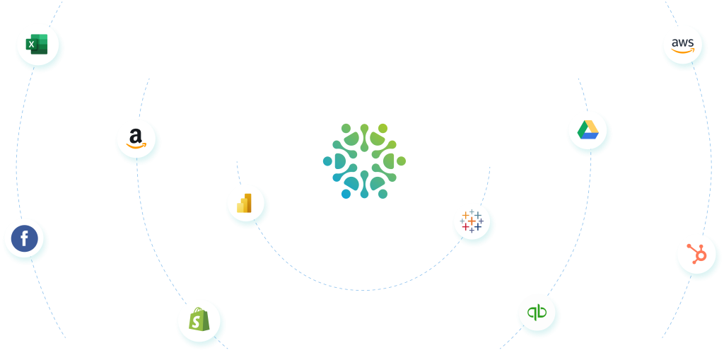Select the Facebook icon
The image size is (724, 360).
[x=24, y=239]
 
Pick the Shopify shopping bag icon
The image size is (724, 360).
[x=199, y=321]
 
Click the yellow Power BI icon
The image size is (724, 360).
[x=245, y=204]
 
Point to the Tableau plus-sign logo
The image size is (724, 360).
[x=471, y=222]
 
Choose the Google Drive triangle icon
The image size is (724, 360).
[x=588, y=130]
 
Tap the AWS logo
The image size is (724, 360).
[x=682, y=46]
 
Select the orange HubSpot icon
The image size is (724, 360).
[x=696, y=253]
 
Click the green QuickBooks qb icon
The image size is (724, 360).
[x=537, y=313]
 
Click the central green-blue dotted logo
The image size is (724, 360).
[x=364, y=161]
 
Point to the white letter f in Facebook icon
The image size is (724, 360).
[x=25, y=240]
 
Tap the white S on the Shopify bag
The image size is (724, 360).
[x=199, y=323]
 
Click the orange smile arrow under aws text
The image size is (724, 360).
[x=683, y=52]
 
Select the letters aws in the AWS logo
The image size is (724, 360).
[x=682, y=42]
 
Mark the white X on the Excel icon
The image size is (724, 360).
[x=31, y=45]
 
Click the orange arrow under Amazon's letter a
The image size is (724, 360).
[x=136, y=145]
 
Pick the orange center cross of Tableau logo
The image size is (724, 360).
[x=471, y=222]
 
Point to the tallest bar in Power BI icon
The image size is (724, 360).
[x=248, y=203]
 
